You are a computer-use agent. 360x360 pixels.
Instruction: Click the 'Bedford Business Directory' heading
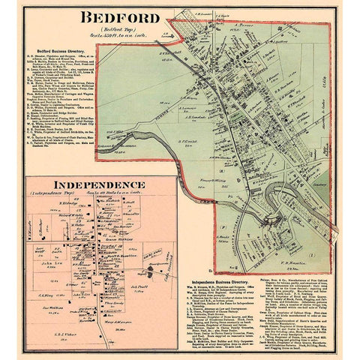[x=59, y=46]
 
